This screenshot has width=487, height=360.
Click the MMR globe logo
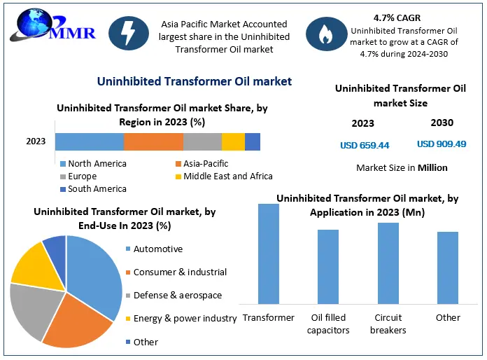click(x=52, y=26)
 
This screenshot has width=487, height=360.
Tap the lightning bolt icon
click(x=129, y=33)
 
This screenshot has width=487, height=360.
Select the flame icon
click(x=327, y=34)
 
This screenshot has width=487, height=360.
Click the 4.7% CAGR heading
click(x=397, y=18)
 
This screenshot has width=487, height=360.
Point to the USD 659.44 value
click(x=365, y=145)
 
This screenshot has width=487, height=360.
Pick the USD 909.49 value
click(x=442, y=144)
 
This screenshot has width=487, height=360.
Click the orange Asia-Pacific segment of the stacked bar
click(x=153, y=141)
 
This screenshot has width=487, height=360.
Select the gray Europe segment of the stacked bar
click(x=202, y=141)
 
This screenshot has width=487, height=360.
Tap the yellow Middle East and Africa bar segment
click(x=233, y=141)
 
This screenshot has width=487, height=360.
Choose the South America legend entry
click(x=93, y=188)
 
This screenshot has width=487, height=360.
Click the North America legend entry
click(x=93, y=163)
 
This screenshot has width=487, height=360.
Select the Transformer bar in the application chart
click(x=269, y=254)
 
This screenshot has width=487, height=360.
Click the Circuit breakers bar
click(x=388, y=263)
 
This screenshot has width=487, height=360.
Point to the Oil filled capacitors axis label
click(x=328, y=324)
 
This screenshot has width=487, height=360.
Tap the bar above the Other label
click(x=448, y=268)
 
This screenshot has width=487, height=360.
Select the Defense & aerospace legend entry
click(x=174, y=295)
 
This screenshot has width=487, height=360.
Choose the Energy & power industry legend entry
click(x=181, y=319)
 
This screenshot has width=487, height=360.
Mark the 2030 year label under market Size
click(x=442, y=123)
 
